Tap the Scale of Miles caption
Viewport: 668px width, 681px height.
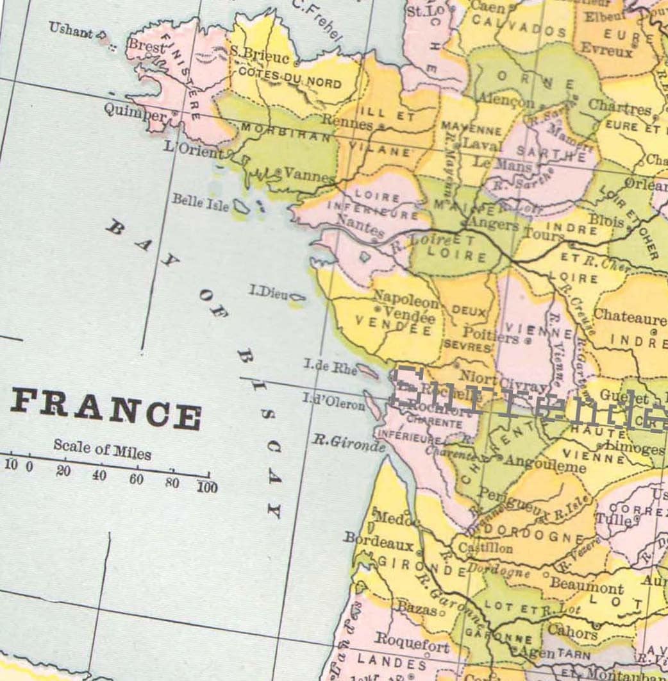click(103, 450)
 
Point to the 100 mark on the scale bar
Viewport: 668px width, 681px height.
click(207, 487)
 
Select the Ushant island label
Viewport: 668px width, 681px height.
click(71, 29)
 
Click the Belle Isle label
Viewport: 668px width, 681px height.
click(201, 201)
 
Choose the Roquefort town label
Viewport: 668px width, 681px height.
click(412, 641)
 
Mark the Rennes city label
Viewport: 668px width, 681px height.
click(346, 121)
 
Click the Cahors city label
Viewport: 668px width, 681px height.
click(571, 630)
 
